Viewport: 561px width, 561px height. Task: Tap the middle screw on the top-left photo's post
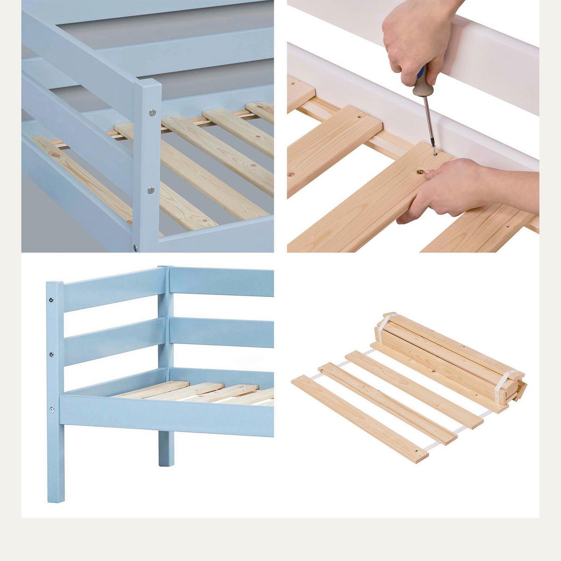tap(151, 190)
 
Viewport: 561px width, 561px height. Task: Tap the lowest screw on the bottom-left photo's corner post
tap(52, 410)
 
